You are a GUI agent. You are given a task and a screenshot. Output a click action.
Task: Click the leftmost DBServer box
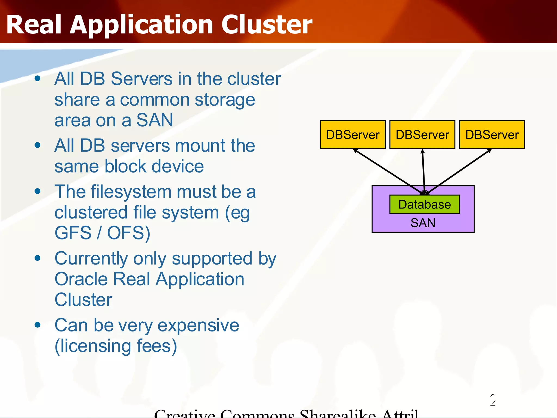(x=352, y=135)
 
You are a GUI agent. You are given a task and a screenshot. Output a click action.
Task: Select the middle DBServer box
(x=422, y=135)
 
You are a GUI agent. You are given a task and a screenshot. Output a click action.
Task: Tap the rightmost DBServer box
(x=492, y=135)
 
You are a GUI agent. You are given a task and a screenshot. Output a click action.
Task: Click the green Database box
(x=424, y=204)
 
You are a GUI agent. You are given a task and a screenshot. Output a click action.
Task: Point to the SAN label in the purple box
(x=423, y=223)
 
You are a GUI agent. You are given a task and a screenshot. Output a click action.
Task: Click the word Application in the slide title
(x=141, y=25)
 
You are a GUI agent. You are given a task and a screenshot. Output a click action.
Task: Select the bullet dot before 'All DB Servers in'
(x=38, y=79)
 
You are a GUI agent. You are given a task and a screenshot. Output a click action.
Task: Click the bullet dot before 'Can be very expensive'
(x=38, y=325)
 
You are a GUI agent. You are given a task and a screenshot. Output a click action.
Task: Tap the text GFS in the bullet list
(x=73, y=233)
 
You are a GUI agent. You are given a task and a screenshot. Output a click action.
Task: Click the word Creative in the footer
(x=185, y=414)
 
